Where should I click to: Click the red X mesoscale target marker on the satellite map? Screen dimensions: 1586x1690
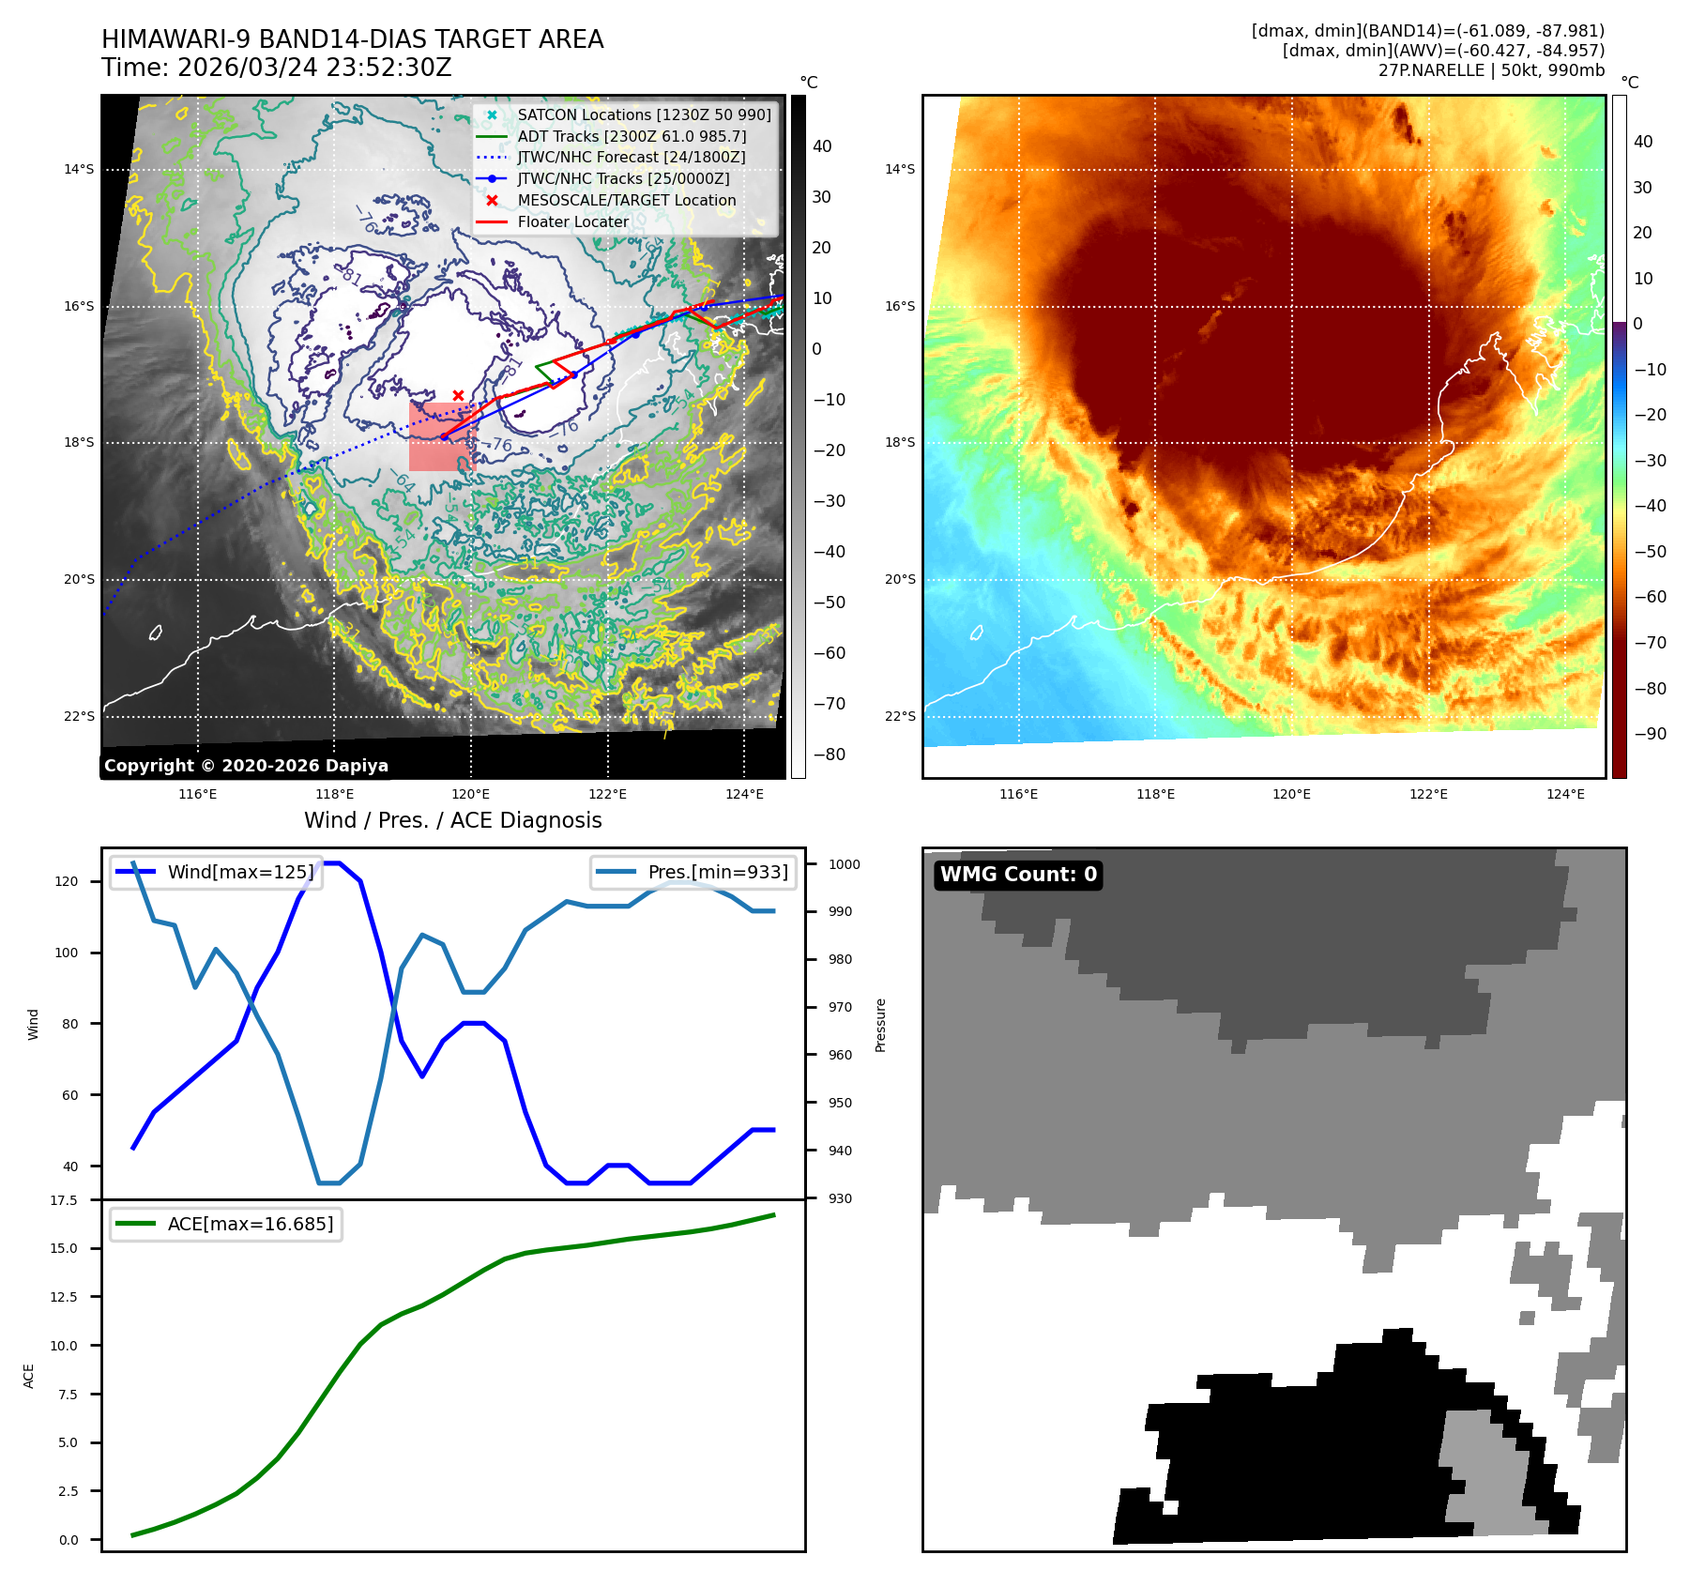[458, 395]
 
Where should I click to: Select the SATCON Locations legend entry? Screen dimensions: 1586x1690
[644, 114]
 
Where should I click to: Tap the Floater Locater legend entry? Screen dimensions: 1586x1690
[572, 222]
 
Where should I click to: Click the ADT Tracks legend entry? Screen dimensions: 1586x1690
[632, 136]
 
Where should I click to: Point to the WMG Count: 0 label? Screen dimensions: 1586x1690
[1018, 875]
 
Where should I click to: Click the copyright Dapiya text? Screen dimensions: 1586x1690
[246, 766]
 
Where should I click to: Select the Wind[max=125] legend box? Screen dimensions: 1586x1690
[216, 872]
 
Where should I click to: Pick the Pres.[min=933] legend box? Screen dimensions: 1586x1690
[694, 872]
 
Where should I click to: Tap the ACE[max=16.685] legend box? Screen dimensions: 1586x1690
[226, 1224]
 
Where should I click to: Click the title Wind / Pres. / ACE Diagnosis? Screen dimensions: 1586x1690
[453, 820]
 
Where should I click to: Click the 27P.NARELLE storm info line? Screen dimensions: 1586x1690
[1491, 70]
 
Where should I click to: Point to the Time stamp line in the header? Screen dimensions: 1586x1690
[277, 68]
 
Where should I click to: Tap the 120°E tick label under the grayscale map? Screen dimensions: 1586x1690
[470, 794]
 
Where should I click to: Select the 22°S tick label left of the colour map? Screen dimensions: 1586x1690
[900, 716]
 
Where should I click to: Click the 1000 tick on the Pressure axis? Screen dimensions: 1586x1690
[845, 864]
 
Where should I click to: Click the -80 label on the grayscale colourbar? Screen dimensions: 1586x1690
[829, 755]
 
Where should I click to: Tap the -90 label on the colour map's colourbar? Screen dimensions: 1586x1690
[1650, 734]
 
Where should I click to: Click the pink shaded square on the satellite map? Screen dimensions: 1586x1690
[442, 437]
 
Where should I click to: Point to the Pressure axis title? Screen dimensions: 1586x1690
[880, 1025]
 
